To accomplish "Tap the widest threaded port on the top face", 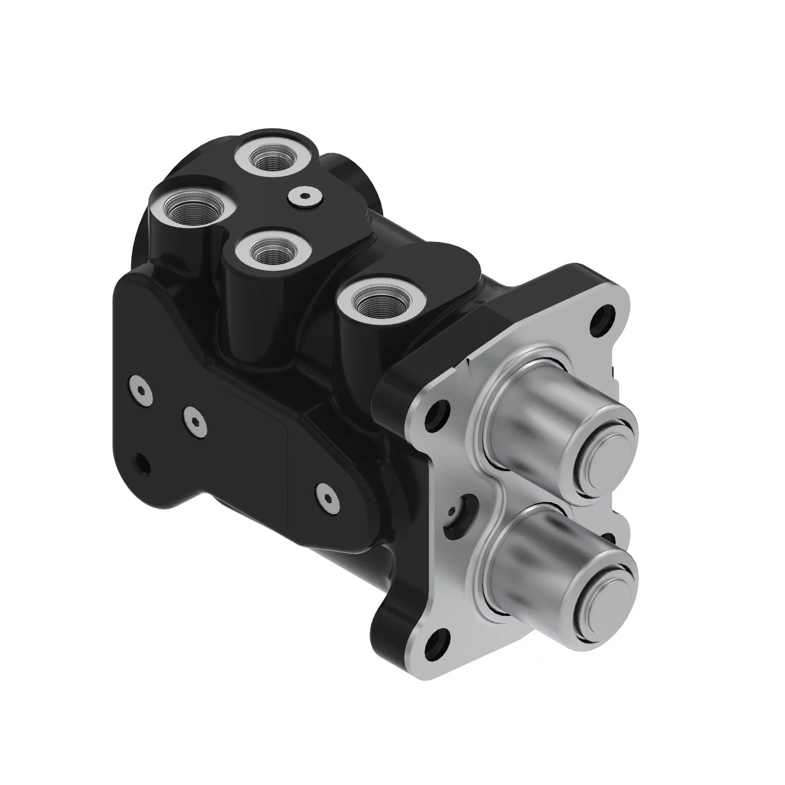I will click(x=190, y=209).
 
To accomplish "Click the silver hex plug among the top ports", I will click(x=305, y=198).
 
